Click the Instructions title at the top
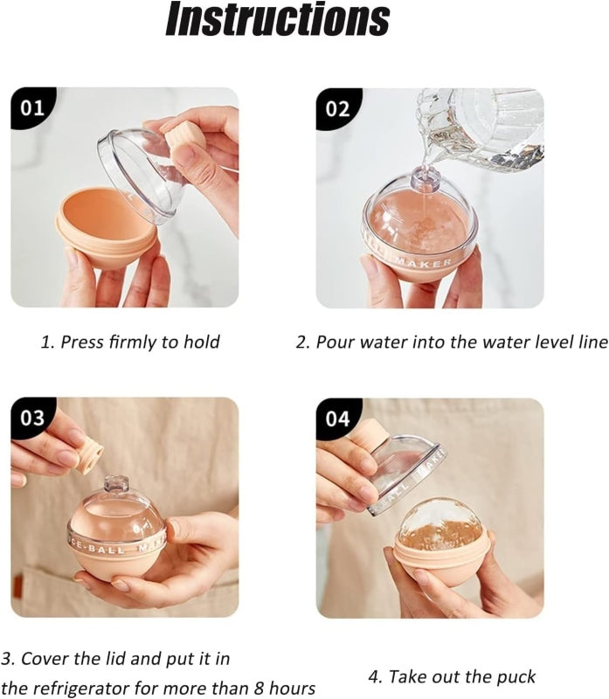277,18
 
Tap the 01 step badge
32,107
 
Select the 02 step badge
338,108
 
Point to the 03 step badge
32,419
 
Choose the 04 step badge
338,419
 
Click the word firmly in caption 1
133,342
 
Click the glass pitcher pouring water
481,129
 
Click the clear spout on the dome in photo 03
116,485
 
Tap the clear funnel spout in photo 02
426,177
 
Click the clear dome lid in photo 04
404,474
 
